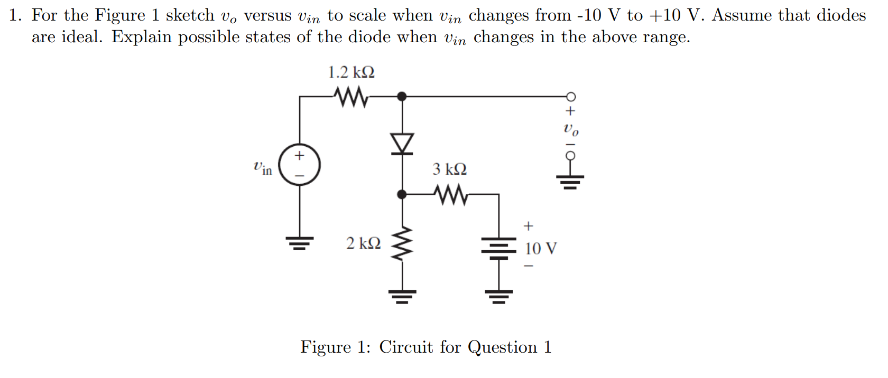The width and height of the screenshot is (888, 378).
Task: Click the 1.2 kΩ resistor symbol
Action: click(x=351, y=97)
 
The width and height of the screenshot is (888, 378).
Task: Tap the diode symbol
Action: click(x=402, y=144)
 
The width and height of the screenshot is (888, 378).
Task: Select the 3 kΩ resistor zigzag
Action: click(x=450, y=195)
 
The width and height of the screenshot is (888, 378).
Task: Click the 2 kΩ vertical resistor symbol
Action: click(x=402, y=244)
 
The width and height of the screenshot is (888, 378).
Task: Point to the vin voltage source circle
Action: click(x=300, y=165)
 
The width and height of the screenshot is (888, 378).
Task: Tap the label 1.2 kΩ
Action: click(x=351, y=72)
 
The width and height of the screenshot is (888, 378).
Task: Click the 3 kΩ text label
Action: click(x=449, y=169)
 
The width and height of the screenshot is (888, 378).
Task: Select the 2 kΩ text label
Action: click(x=363, y=243)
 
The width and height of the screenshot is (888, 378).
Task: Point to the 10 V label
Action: click(x=540, y=249)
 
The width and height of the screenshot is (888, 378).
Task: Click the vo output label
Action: click(x=571, y=129)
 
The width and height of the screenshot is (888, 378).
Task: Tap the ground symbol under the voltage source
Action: click(x=300, y=243)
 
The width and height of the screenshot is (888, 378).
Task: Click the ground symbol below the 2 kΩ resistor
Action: click(x=402, y=296)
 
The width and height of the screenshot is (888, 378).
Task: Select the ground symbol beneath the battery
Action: click(x=498, y=296)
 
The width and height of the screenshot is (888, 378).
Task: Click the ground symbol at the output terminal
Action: click(x=570, y=182)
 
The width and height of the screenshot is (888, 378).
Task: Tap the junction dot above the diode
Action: click(x=402, y=97)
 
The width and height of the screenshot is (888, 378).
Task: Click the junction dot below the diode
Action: click(x=402, y=195)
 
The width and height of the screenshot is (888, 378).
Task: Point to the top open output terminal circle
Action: click(x=571, y=97)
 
